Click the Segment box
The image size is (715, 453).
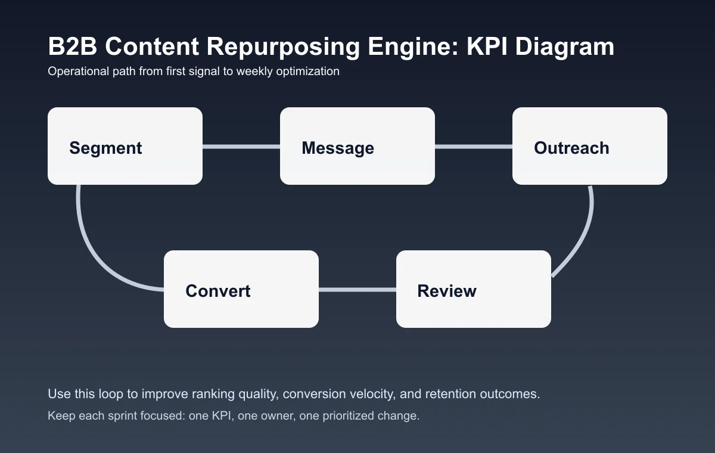click(125, 146)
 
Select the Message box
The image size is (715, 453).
click(357, 146)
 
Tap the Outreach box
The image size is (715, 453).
click(590, 146)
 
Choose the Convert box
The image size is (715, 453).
click(241, 289)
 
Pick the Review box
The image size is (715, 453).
click(474, 289)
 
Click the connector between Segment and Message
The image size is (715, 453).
click(241, 146)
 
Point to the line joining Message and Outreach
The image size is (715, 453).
click(474, 146)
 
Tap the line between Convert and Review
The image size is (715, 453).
click(357, 290)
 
